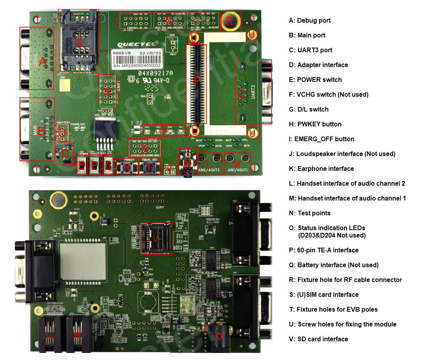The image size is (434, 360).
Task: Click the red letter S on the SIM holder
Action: click(79, 43)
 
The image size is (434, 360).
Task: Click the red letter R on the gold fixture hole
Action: click(230, 21)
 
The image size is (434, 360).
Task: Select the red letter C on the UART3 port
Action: click(242, 94)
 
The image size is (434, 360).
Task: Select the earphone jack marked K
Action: click(187, 164)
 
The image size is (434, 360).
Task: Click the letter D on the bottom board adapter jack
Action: click(220, 336)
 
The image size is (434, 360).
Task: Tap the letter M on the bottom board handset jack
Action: click(77, 335)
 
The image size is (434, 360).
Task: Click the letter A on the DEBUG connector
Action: click(43, 62)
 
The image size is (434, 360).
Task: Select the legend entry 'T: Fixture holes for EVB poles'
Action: click(333, 309)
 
